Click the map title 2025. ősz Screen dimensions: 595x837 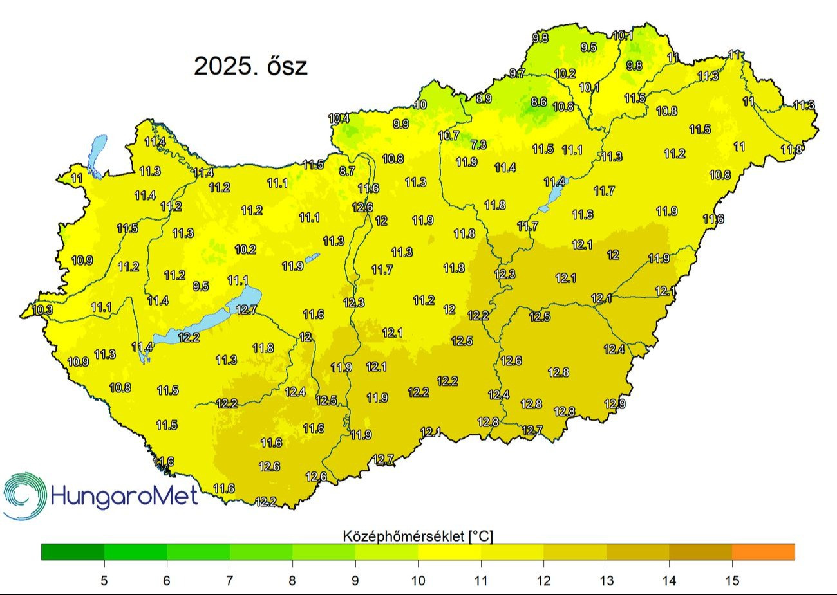250,66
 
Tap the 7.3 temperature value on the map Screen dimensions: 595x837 478,145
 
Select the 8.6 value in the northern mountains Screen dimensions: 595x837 539,102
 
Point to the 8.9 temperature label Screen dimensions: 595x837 484,98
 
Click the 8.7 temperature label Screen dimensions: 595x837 347,171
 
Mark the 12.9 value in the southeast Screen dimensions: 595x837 615,404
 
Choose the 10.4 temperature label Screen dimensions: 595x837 339,118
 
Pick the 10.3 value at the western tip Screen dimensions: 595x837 42,309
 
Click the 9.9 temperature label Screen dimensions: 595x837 400,124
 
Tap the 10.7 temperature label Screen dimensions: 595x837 449,136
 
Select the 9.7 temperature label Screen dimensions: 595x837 517,73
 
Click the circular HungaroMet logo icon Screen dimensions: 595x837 24,495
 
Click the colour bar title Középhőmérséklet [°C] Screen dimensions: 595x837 418,536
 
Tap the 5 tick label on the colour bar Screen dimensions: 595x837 104,581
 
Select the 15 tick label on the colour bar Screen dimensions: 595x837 732,581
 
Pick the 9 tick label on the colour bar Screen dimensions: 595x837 355,581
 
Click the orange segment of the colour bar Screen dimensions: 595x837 763,552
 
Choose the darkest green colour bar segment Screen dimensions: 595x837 73,552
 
